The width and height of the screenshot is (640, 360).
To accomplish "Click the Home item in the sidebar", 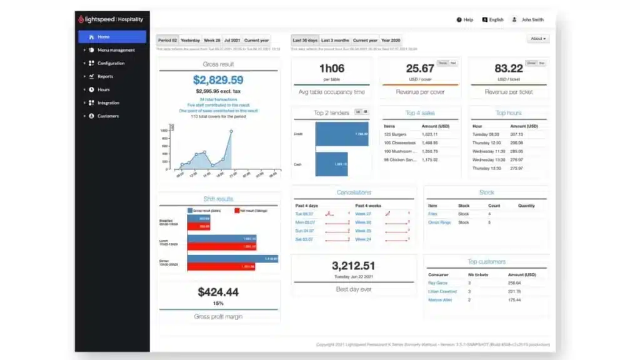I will [x=104, y=37].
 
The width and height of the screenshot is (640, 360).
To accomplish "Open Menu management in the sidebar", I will [x=116, y=50].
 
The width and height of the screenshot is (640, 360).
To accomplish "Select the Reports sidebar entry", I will [x=105, y=76].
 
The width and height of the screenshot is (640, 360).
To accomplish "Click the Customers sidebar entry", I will [x=107, y=116].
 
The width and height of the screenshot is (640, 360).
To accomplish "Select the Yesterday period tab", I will [x=190, y=40].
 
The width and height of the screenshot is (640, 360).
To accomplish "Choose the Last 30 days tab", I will [x=305, y=40].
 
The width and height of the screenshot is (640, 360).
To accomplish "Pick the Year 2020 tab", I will [x=391, y=40].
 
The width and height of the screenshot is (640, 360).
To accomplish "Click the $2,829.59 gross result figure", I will [x=217, y=79].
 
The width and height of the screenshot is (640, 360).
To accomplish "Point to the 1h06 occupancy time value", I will [x=331, y=68].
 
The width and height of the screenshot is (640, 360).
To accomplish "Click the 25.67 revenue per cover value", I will [x=419, y=68].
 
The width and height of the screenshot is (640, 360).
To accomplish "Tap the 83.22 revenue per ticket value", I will [x=508, y=68].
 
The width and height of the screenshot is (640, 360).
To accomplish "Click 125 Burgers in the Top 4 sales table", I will [x=396, y=134].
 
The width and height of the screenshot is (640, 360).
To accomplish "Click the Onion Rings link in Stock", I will [x=439, y=222].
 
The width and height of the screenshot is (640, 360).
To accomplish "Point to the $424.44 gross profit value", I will [x=218, y=292].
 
